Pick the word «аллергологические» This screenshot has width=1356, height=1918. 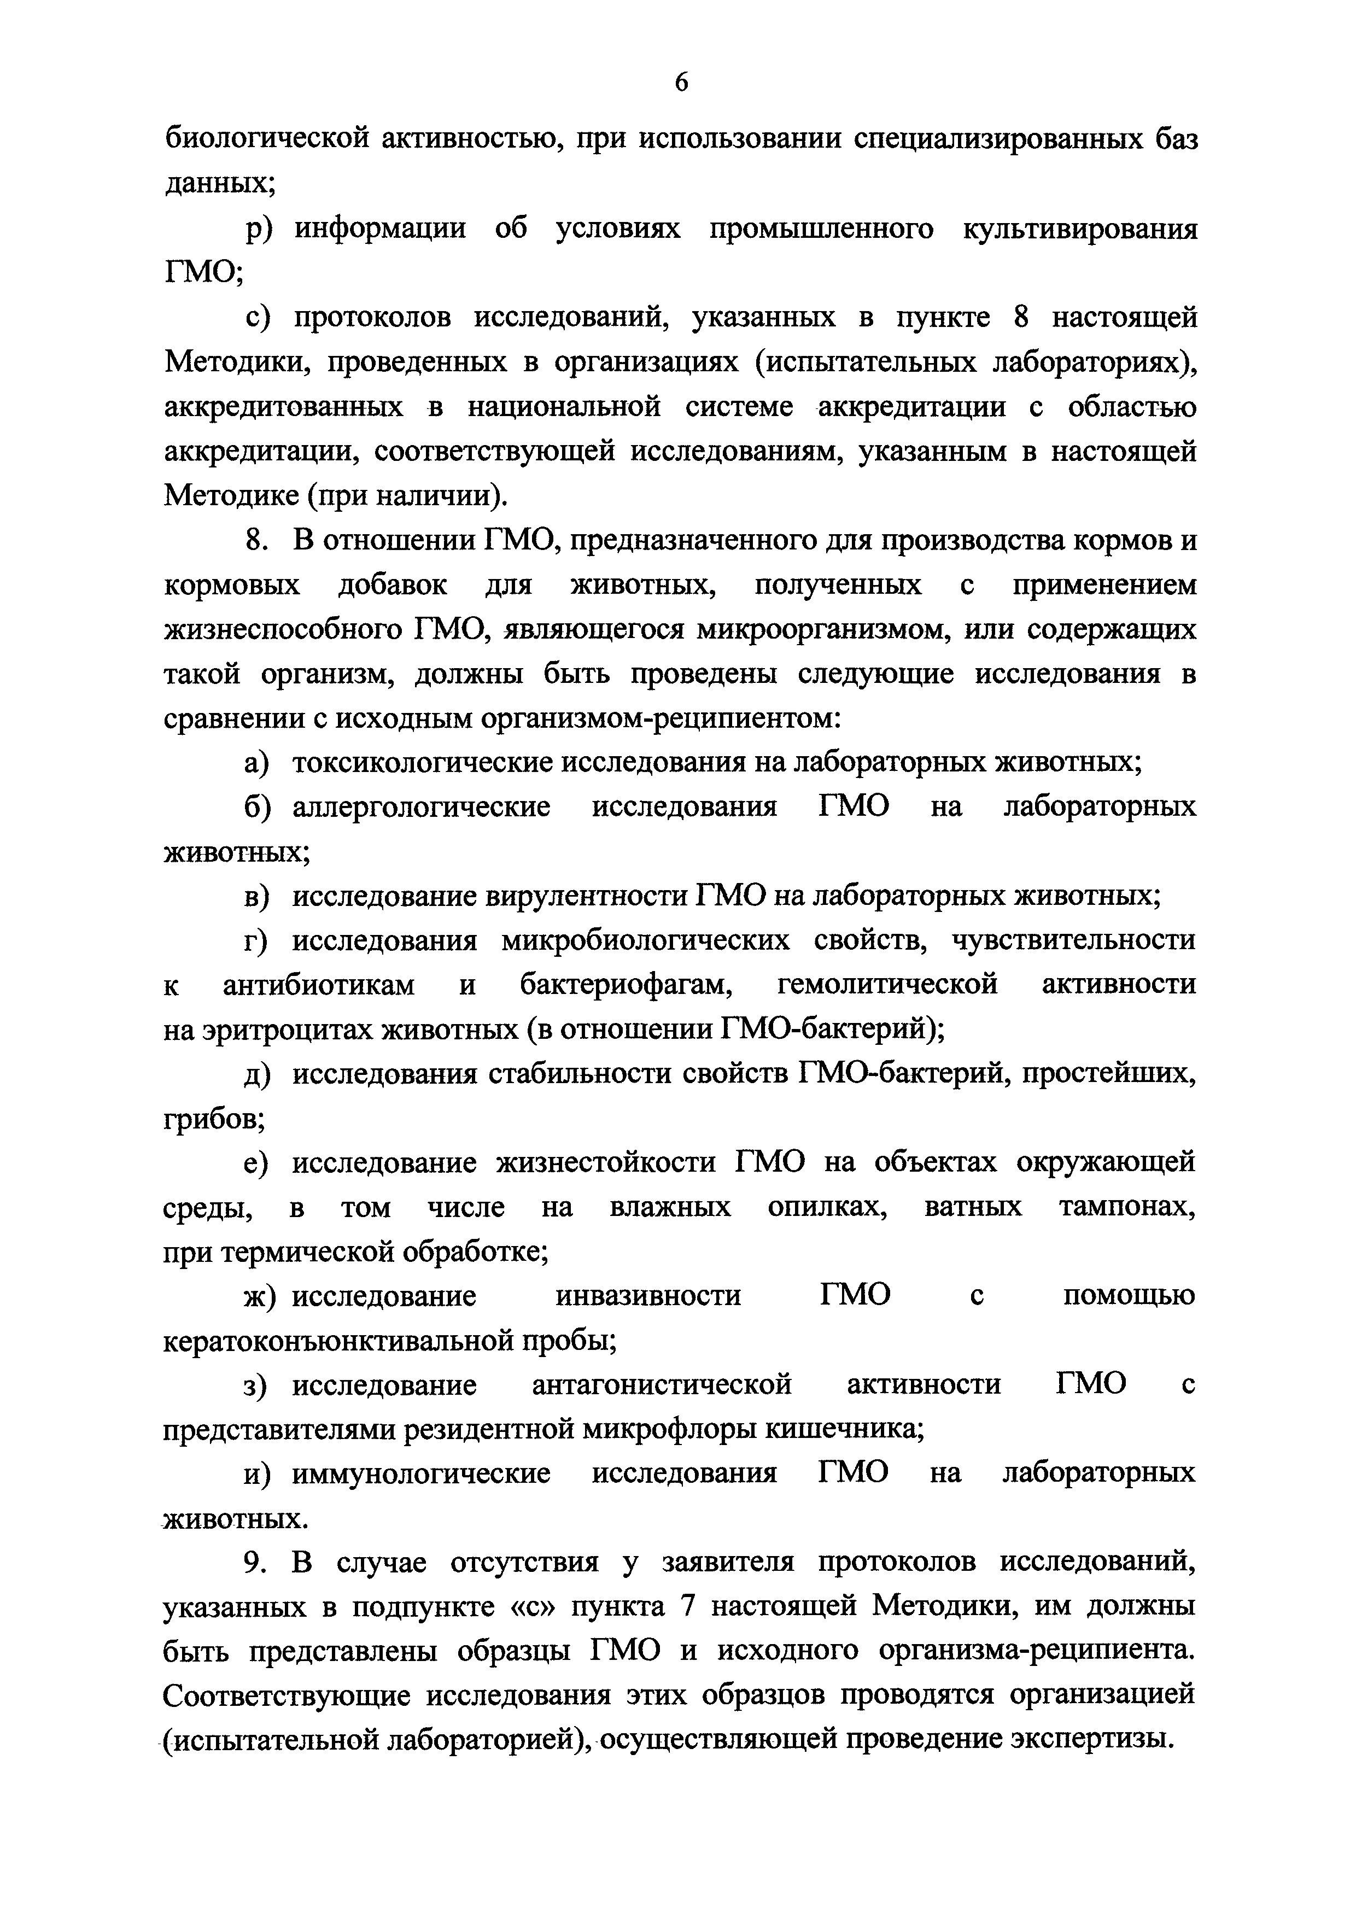pos(421,807)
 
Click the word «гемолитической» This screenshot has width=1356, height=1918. pos(887,985)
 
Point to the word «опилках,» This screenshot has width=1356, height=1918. pos(827,1208)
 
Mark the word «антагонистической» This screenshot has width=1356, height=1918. pos(662,1385)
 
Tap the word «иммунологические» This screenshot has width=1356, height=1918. pos(421,1473)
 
